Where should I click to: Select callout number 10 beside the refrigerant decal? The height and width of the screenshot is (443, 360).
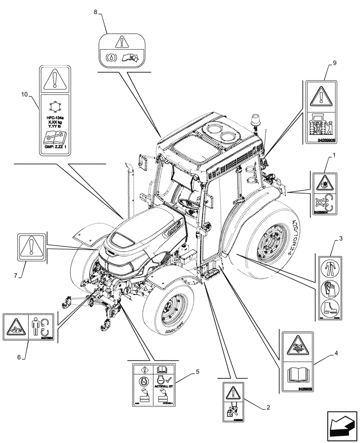click(25, 94)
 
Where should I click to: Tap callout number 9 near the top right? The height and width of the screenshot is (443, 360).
click(334, 63)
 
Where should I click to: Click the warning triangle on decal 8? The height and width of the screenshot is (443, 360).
click(120, 43)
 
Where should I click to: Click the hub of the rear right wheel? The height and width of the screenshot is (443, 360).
click(271, 242)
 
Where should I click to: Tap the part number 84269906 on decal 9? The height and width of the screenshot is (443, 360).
click(327, 139)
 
